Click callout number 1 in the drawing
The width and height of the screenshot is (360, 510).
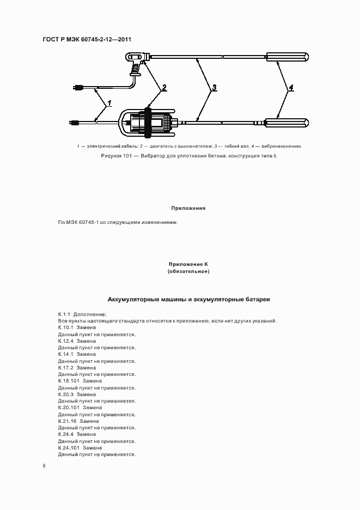coord(109,102)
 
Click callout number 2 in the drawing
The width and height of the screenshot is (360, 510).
coord(164,87)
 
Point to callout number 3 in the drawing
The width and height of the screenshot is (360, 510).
coord(214,87)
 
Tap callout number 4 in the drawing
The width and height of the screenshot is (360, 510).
coord(291,87)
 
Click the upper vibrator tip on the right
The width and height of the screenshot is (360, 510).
coord(287,57)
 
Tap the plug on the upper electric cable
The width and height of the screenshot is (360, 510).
coord(78,87)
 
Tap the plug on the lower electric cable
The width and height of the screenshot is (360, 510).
coord(76,123)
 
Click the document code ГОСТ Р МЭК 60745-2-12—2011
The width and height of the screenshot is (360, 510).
coord(87,39)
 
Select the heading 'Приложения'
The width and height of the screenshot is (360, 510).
coord(188,208)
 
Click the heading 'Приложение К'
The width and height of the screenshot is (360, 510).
coord(188,264)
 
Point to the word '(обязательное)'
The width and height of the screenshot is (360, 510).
coord(188,271)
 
